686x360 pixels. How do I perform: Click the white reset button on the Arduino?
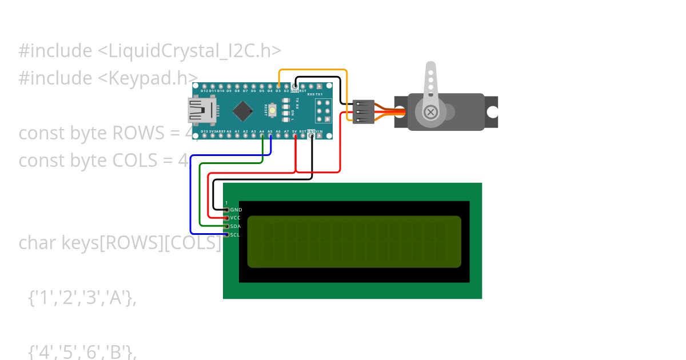pos(273,110)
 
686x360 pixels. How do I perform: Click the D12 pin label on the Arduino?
pos(204,91)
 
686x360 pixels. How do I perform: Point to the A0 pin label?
pos(229,131)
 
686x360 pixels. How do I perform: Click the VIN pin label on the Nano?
pos(320,131)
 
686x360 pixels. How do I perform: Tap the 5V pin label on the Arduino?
pos(294,131)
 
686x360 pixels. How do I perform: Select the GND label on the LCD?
pos(236,210)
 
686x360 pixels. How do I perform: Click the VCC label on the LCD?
pos(236,218)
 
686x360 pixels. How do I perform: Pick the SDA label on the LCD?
pos(236,226)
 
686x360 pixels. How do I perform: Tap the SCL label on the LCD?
pos(235,235)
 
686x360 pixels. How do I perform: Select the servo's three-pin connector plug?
pos(364,111)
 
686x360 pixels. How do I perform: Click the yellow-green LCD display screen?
pos(354,241)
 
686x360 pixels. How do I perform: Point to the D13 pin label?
pos(205,131)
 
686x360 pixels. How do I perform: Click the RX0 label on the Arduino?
pos(312,94)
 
